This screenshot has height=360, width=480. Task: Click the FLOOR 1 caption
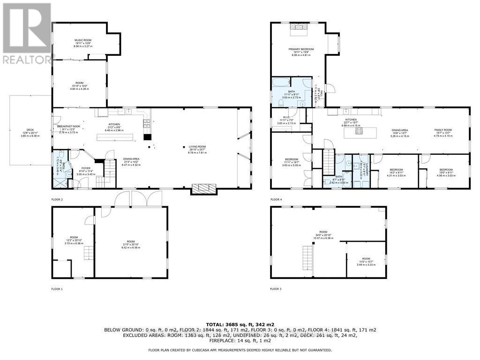point(57,289)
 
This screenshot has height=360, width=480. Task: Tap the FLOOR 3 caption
point(276,289)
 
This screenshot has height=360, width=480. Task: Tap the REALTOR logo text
point(27,59)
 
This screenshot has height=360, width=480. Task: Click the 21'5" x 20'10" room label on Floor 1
point(130,243)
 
